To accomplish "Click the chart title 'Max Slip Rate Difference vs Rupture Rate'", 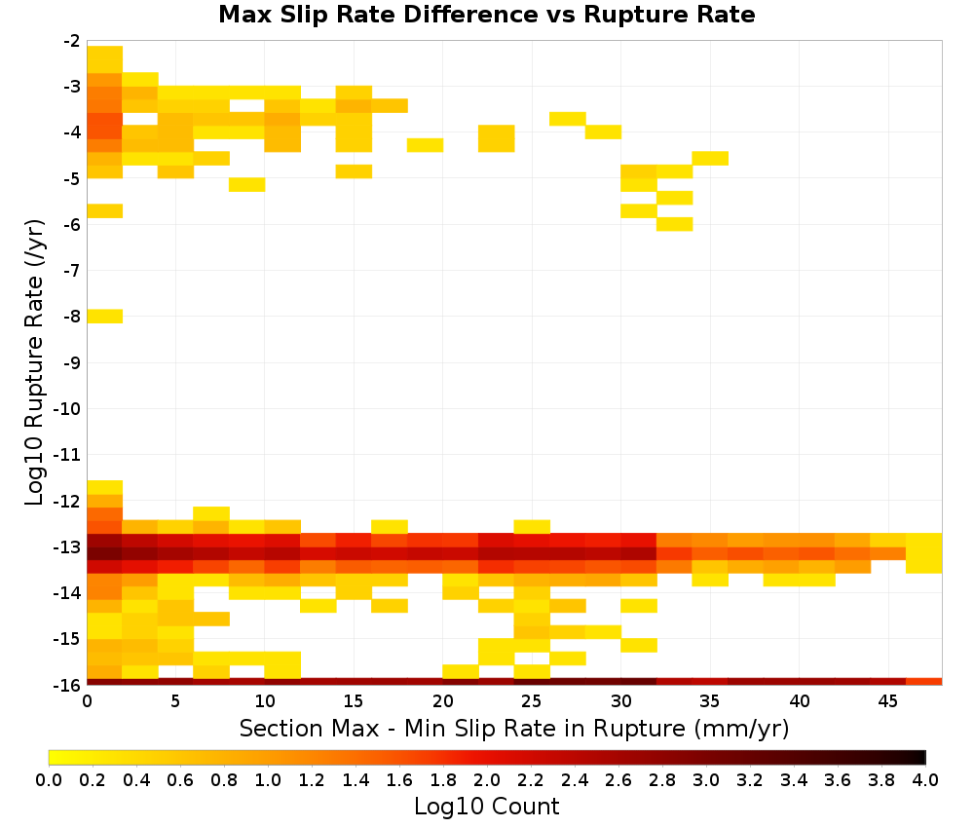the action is pos(486,15).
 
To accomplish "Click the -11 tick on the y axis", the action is pos(85,455).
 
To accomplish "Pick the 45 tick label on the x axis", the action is pos(887,701).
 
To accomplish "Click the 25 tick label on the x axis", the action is pos(532,701).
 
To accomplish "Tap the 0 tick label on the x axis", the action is pos(87,701).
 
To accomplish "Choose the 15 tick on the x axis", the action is pos(355,687).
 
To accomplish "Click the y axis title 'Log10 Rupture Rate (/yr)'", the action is pos(34,362).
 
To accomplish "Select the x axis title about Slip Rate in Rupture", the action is pos(513,728).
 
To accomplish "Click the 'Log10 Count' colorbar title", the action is pos(486,807).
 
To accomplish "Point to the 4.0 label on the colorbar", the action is pos(925,779).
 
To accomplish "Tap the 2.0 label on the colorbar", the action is pos(486,779).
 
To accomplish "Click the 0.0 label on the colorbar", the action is pos(49,779).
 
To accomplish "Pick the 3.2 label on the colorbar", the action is pos(750,779).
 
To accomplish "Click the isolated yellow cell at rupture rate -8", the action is pos(105,317).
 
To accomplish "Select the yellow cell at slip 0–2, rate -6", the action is pos(105,210).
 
